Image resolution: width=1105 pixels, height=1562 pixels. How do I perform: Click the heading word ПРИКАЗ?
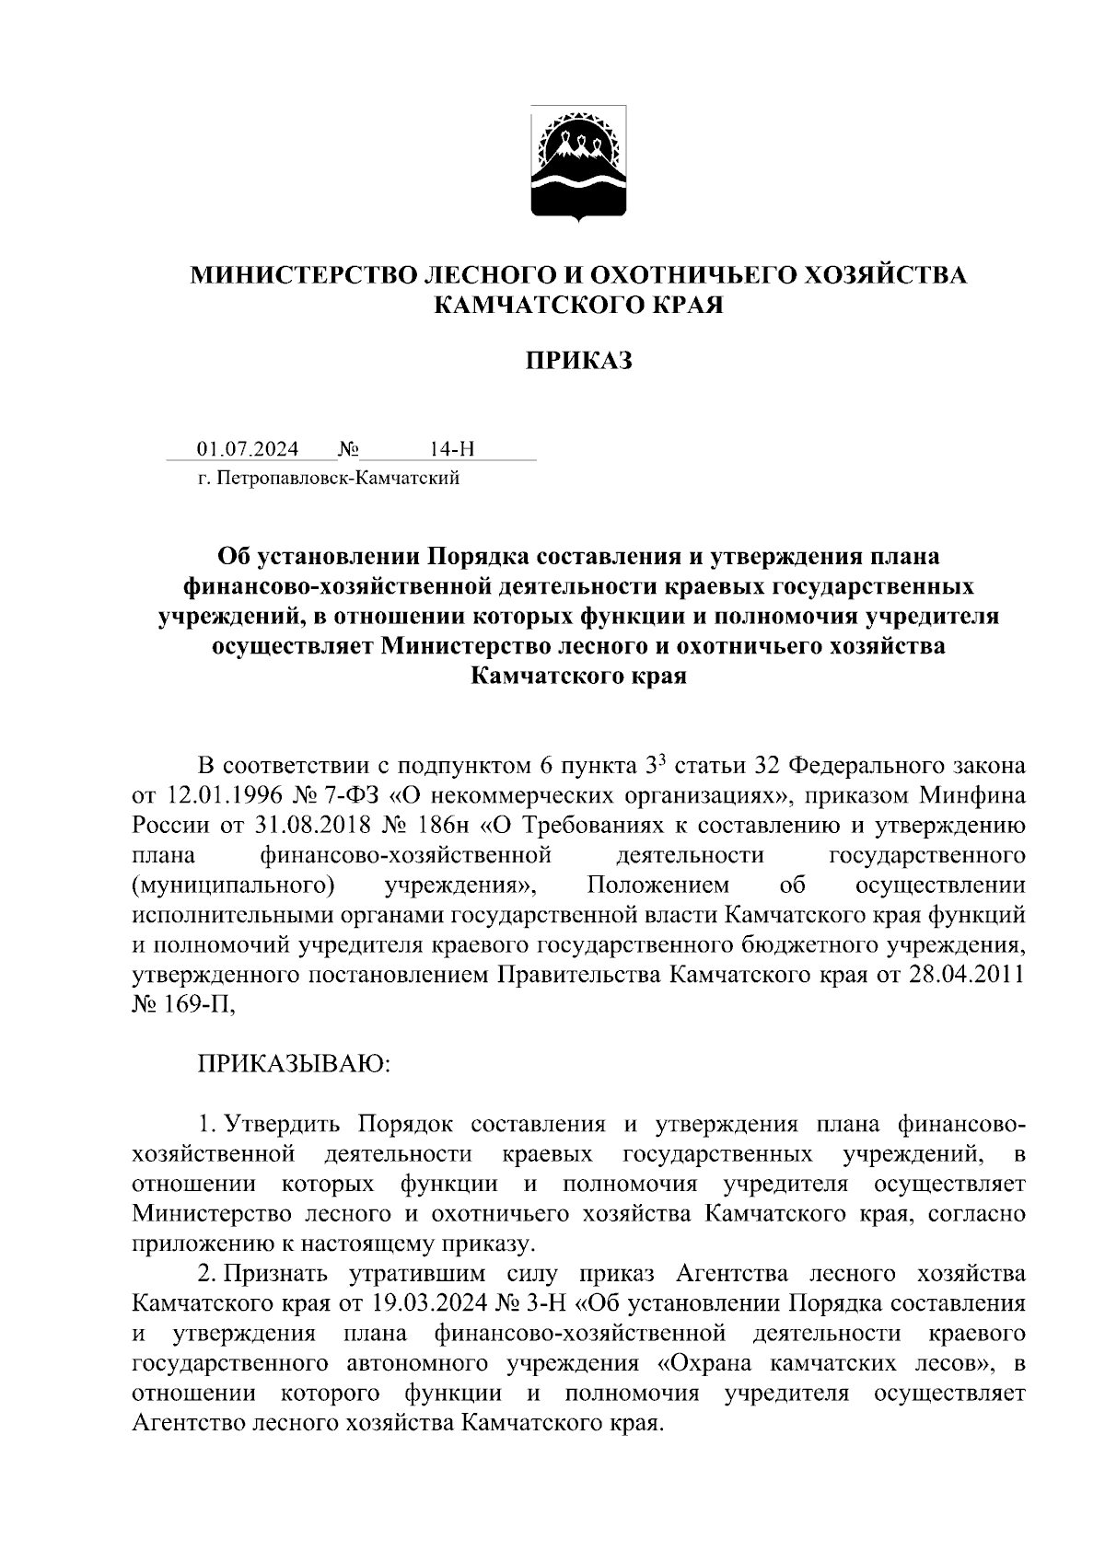point(579,361)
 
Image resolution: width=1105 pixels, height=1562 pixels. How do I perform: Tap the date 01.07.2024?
point(248,449)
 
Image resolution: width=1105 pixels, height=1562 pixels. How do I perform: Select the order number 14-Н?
point(452,449)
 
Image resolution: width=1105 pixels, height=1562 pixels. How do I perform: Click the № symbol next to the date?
point(348,449)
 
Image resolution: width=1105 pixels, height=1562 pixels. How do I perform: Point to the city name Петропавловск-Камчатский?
point(337,479)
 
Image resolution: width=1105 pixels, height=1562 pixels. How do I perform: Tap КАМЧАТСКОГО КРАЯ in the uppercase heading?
point(579,305)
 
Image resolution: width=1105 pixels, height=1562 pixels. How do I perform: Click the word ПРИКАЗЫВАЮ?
point(295,1065)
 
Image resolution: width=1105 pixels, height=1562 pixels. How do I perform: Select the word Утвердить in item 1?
point(284,1124)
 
